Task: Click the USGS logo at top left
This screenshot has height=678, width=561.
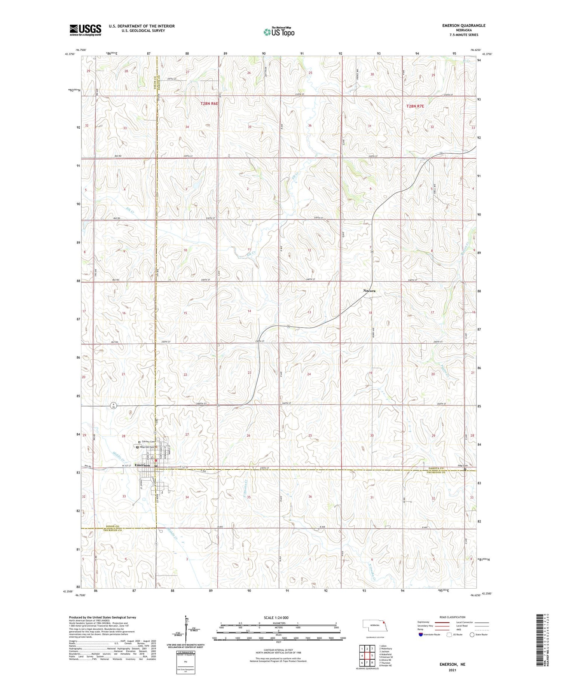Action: click(x=85, y=30)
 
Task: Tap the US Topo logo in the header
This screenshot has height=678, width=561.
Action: click(x=279, y=32)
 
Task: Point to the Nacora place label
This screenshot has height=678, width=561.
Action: click(x=369, y=291)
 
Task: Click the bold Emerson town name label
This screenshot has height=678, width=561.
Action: click(x=142, y=465)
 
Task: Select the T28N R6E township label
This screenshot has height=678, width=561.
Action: click(x=209, y=103)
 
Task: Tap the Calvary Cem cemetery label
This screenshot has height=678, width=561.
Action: click(x=148, y=442)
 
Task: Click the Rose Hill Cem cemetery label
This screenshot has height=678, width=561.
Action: click(x=147, y=447)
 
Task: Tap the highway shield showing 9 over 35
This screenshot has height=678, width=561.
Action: click(x=113, y=406)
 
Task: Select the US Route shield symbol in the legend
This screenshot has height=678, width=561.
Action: click(x=450, y=634)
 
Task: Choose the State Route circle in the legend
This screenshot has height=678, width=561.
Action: click(x=472, y=634)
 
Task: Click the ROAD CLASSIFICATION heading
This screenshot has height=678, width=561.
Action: click(x=453, y=617)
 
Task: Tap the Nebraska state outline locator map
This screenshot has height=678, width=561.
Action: click(x=374, y=625)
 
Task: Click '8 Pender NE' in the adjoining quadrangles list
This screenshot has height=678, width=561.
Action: click(x=385, y=666)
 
